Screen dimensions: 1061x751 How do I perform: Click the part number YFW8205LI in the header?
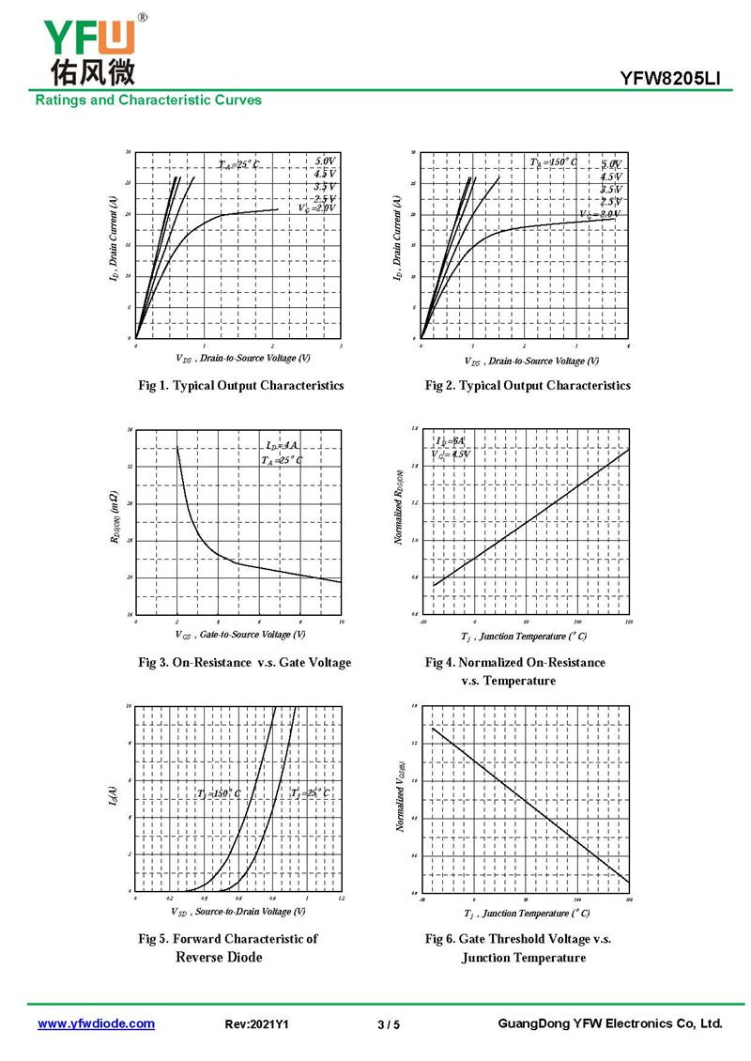(x=669, y=79)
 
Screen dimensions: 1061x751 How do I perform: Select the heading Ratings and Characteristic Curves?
(x=148, y=100)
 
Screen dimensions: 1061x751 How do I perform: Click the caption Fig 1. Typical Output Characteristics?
(x=241, y=385)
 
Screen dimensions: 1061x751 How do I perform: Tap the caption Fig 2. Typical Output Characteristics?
(x=528, y=385)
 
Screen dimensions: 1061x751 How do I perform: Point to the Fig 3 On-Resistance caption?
(x=245, y=662)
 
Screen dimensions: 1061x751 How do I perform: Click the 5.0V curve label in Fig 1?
(x=325, y=161)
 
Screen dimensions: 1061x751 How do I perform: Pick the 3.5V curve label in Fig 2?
(x=611, y=189)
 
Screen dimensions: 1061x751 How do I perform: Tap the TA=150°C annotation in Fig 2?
(x=554, y=162)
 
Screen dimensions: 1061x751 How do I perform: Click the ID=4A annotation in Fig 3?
(x=282, y=444)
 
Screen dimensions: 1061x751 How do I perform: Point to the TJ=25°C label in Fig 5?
(x=310, y=793)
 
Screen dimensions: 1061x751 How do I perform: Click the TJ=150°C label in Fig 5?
(x=219, y=794)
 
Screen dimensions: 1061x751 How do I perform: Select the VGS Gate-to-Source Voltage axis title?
(x=240, y=634)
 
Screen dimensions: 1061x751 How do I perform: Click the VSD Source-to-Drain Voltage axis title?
(x=238, y=911)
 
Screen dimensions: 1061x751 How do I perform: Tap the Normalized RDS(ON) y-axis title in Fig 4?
(x=400, y=507)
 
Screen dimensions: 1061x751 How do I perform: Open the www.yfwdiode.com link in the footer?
(x=96, y=1023)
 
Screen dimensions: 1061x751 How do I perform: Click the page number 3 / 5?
(x=388, y=1024)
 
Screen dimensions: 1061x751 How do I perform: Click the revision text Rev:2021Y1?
(x=257, y=1024)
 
